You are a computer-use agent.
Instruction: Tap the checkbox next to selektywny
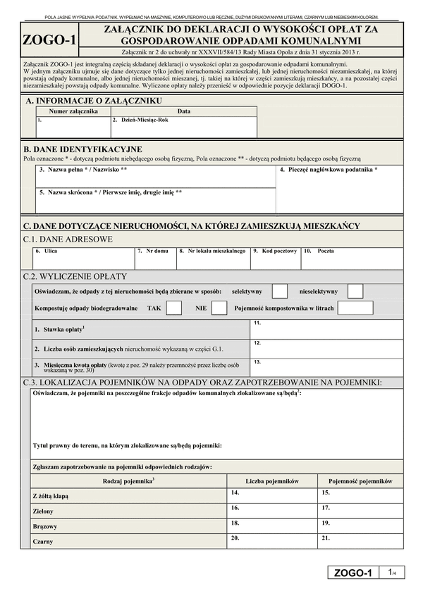pyautogui.click(x=280, y=290)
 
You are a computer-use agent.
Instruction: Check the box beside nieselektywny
pyautogui.click(x=355, y=290)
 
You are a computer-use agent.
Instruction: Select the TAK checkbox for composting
pyautogui.click(x=174, y=308)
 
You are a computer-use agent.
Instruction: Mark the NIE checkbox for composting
pyautogui.click(x=219, y=308)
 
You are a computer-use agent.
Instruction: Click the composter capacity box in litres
pyautogui.click(x=350, y=308)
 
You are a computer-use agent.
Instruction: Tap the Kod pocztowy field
pyautogui.click(x=275, y=258)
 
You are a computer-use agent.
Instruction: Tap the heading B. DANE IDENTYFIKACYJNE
pyautogui.click(x=83, y=149)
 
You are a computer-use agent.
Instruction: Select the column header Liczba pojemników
pyautogui.click(x=272, y=480)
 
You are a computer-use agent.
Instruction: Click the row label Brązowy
pyautogui.click(x=44, y=526)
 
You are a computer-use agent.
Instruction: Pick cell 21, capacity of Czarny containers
pyautogui.click(x=360, y=541)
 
